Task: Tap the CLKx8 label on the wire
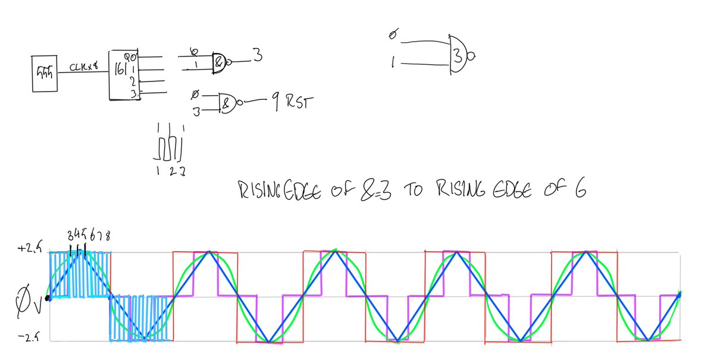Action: [83, 68]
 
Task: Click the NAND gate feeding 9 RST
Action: [228, 101]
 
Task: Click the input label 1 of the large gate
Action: [394, 62]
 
